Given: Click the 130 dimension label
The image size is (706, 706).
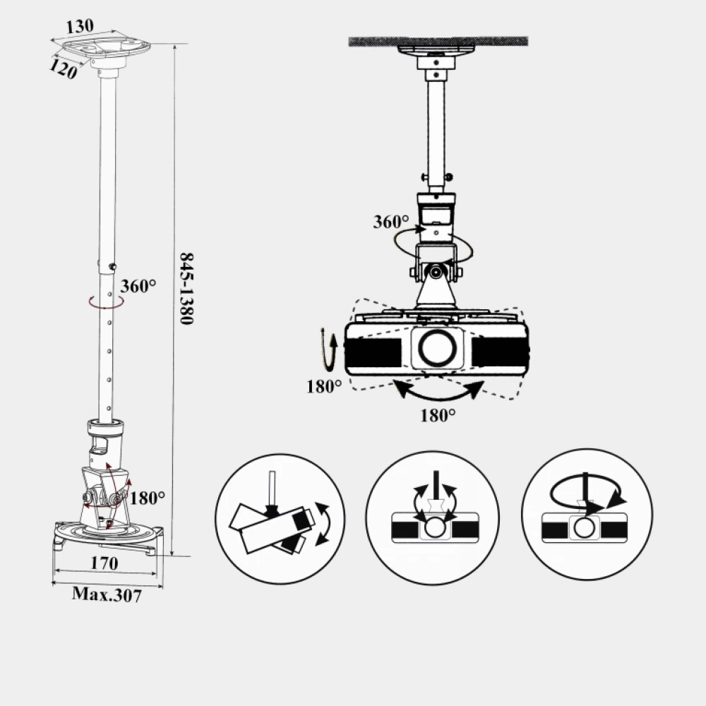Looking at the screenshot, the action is click(80, 26).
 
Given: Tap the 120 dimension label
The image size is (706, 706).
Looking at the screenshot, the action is click(63, 69).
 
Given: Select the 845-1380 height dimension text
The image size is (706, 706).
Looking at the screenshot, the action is click(186, 288).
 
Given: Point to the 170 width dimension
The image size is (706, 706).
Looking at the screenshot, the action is click(104, 563).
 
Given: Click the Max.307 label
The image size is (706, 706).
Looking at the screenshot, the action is click(107, 594).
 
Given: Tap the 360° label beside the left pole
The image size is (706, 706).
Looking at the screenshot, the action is click(138, 286).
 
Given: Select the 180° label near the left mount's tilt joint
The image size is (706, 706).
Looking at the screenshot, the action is click(148, 498).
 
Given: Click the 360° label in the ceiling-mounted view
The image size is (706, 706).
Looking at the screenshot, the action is click(391, 222).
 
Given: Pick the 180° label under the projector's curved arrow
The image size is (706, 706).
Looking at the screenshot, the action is click(438, 415).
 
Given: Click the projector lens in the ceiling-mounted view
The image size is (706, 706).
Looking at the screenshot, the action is click(437, 347).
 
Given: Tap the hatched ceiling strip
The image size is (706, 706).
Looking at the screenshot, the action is click(438, 42).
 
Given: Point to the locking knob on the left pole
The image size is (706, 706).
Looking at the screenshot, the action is click(112, 267).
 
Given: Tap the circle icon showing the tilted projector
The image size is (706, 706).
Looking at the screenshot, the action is click(280, 519).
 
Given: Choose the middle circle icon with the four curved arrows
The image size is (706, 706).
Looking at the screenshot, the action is click(432, 517).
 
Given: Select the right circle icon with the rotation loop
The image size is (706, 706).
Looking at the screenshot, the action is click(587, 514).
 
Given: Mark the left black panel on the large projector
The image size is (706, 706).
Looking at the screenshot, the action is click(373, 352).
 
